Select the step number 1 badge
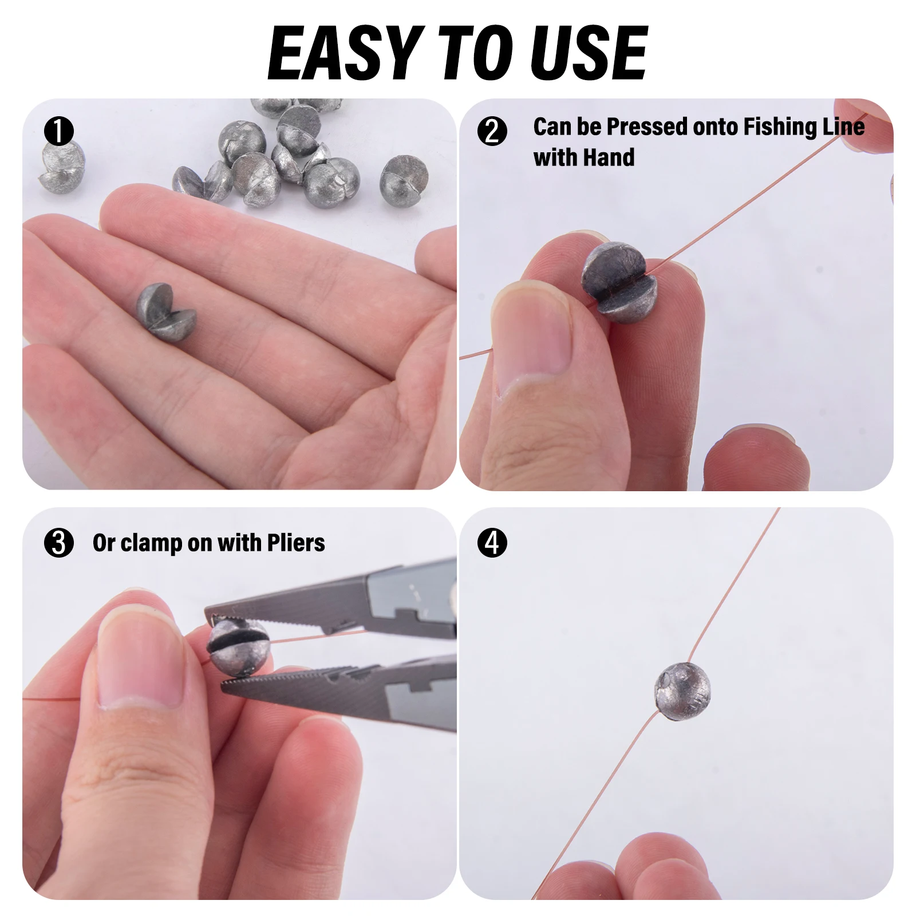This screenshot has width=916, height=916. (59, 131)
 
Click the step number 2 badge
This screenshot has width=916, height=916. (492, 131)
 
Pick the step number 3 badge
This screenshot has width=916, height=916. (59, 543)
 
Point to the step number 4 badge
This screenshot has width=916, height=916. (492, 543)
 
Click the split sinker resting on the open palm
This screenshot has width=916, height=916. (166, 312)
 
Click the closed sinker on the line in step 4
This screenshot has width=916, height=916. (682, 691)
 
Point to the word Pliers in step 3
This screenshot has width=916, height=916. (295, 543)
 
